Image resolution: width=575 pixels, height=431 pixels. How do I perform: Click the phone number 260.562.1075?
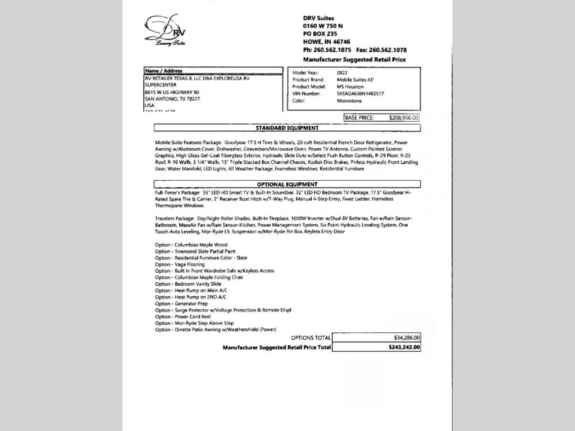(x=332, y=50)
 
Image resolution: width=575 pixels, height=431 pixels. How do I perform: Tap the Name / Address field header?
(x=163, y=71)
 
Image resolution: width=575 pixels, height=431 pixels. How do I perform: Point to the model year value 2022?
(x=342, y=73)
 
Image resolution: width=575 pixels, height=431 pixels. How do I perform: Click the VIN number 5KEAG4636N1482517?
(x=360, y=94)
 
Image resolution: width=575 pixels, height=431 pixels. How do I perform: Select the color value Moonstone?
(x=349, y=101)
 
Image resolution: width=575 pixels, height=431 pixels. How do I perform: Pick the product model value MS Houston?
(x=350, y=87)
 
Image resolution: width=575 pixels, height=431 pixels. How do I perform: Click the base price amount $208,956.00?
(x=403, y=118)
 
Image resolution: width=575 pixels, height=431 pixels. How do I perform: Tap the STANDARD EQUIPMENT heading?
(x=287, y=128)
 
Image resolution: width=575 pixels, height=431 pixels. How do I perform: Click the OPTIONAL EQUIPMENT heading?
(x=287, y=184)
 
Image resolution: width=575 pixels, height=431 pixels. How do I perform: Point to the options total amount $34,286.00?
(x=407, y=338)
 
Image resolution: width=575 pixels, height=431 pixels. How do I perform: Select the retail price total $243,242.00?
(x=404, y=347)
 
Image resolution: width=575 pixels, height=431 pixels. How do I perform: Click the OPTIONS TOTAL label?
(x=311, y=338)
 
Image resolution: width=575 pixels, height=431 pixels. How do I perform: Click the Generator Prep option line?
(x=181, y=304)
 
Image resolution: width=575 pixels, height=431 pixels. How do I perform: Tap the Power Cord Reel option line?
(x=183, y=317)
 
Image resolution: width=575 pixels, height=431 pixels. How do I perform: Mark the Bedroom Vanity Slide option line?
(x=188, y=284)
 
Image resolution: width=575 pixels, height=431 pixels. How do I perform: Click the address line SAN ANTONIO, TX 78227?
(x=172, y=99)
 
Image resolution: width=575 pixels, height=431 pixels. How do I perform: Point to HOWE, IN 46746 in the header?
(x=326, y=42)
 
